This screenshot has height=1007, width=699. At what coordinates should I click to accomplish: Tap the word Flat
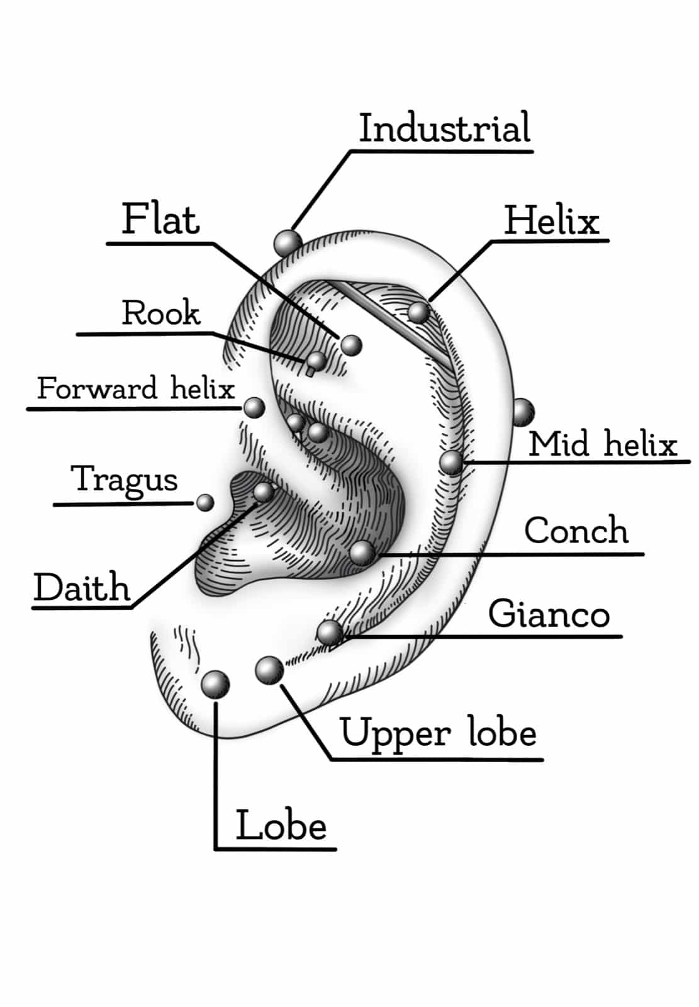160,219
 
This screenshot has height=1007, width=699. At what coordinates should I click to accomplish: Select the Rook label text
161,313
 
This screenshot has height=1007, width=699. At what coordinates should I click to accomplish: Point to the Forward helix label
136,388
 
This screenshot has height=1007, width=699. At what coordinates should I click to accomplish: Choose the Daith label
82,588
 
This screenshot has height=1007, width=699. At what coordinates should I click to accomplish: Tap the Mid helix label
602,444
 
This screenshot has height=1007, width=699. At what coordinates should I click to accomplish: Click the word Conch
576,531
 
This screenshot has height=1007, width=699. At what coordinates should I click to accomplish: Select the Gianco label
549,614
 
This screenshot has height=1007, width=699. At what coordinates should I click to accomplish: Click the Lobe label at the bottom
281,826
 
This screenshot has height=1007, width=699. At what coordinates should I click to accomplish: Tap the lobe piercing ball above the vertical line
215,684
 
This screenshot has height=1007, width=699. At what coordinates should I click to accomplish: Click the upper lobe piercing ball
269,670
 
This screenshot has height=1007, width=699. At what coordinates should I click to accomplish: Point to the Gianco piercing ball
330,632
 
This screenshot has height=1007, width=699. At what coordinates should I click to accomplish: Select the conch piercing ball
362,553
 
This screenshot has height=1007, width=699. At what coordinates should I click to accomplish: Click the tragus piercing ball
205,502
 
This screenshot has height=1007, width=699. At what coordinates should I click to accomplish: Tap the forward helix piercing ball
254,408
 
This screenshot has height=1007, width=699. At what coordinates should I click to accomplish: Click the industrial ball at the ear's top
288,242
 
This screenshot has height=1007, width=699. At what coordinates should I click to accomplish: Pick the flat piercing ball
351,344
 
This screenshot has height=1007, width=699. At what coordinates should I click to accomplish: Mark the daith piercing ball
264,492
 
